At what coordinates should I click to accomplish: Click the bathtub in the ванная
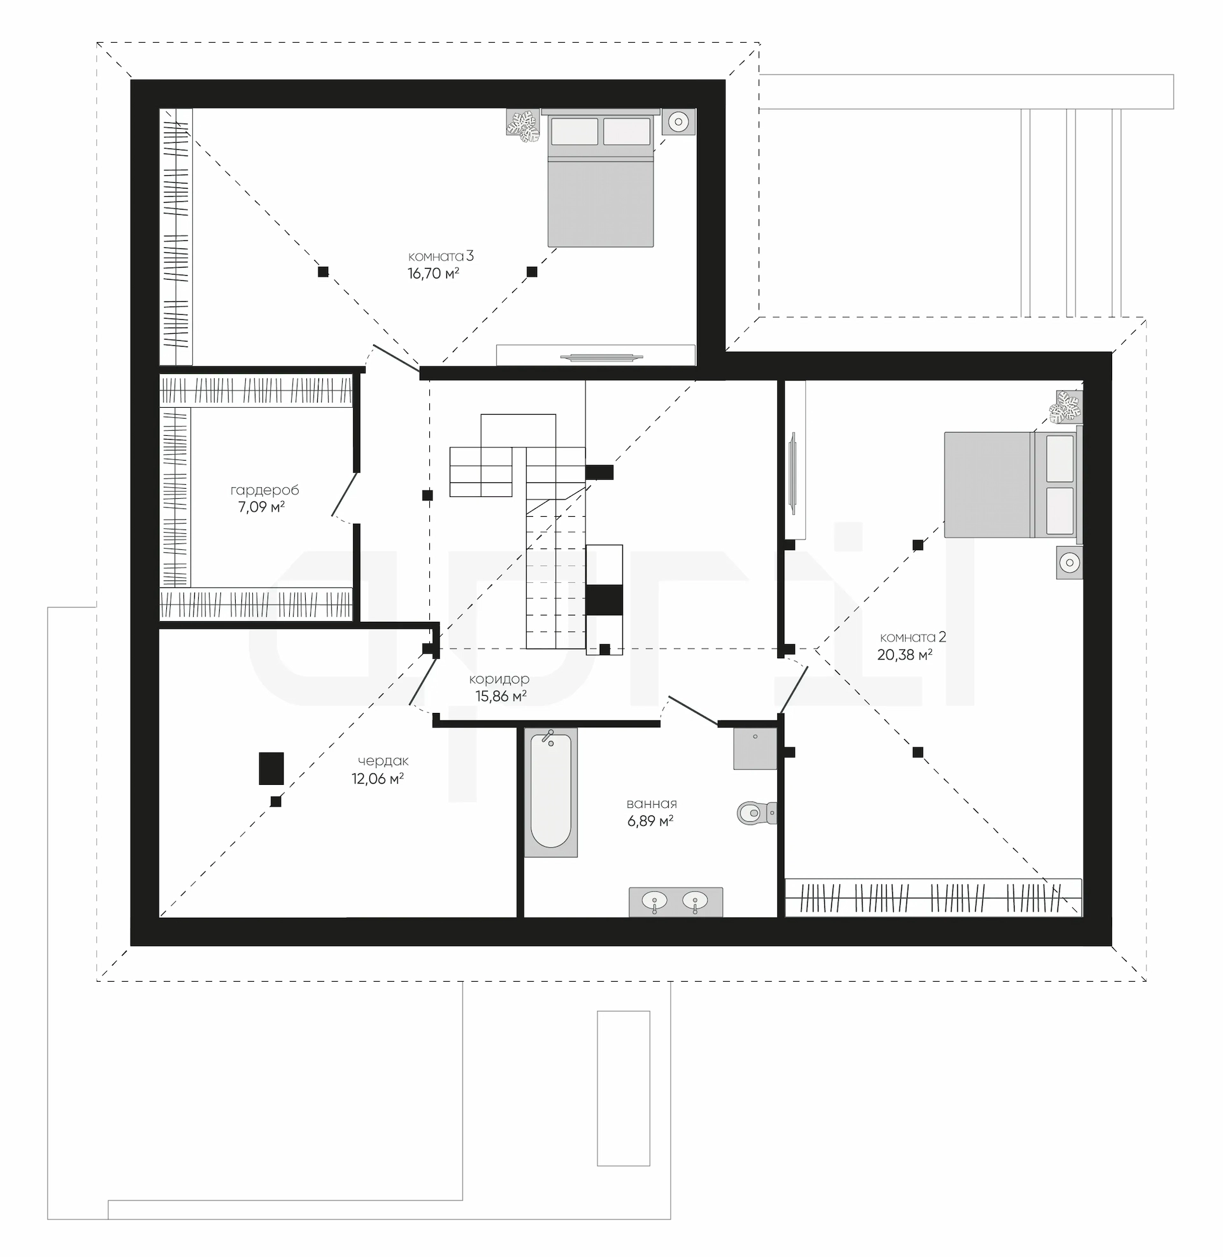(x=551, y=792)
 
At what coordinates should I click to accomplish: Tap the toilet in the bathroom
(x=757, y=813)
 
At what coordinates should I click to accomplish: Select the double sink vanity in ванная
(x=676, y=901)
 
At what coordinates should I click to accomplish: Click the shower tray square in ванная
(x=755, y=749)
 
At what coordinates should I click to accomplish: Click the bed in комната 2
(x=1013, y=484)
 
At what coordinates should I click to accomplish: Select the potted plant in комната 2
(x=1066, y=407)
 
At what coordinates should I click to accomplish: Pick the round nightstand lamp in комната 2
(x=1069, y=563)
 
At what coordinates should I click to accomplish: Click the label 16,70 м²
(x=434, y=273)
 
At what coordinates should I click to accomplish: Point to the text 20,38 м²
(x=905, y=655)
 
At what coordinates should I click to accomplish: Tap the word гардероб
(x=264, y=491)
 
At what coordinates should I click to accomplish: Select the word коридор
(x=499, y=680)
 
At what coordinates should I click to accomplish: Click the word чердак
(x=383, y=761)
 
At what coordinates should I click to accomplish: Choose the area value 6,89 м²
(x=651, y=821)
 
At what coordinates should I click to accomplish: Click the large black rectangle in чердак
(x=271, y=768)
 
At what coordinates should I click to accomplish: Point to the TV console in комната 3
(x=596, y=356)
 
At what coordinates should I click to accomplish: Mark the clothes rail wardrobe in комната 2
(x=933, y=897)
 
